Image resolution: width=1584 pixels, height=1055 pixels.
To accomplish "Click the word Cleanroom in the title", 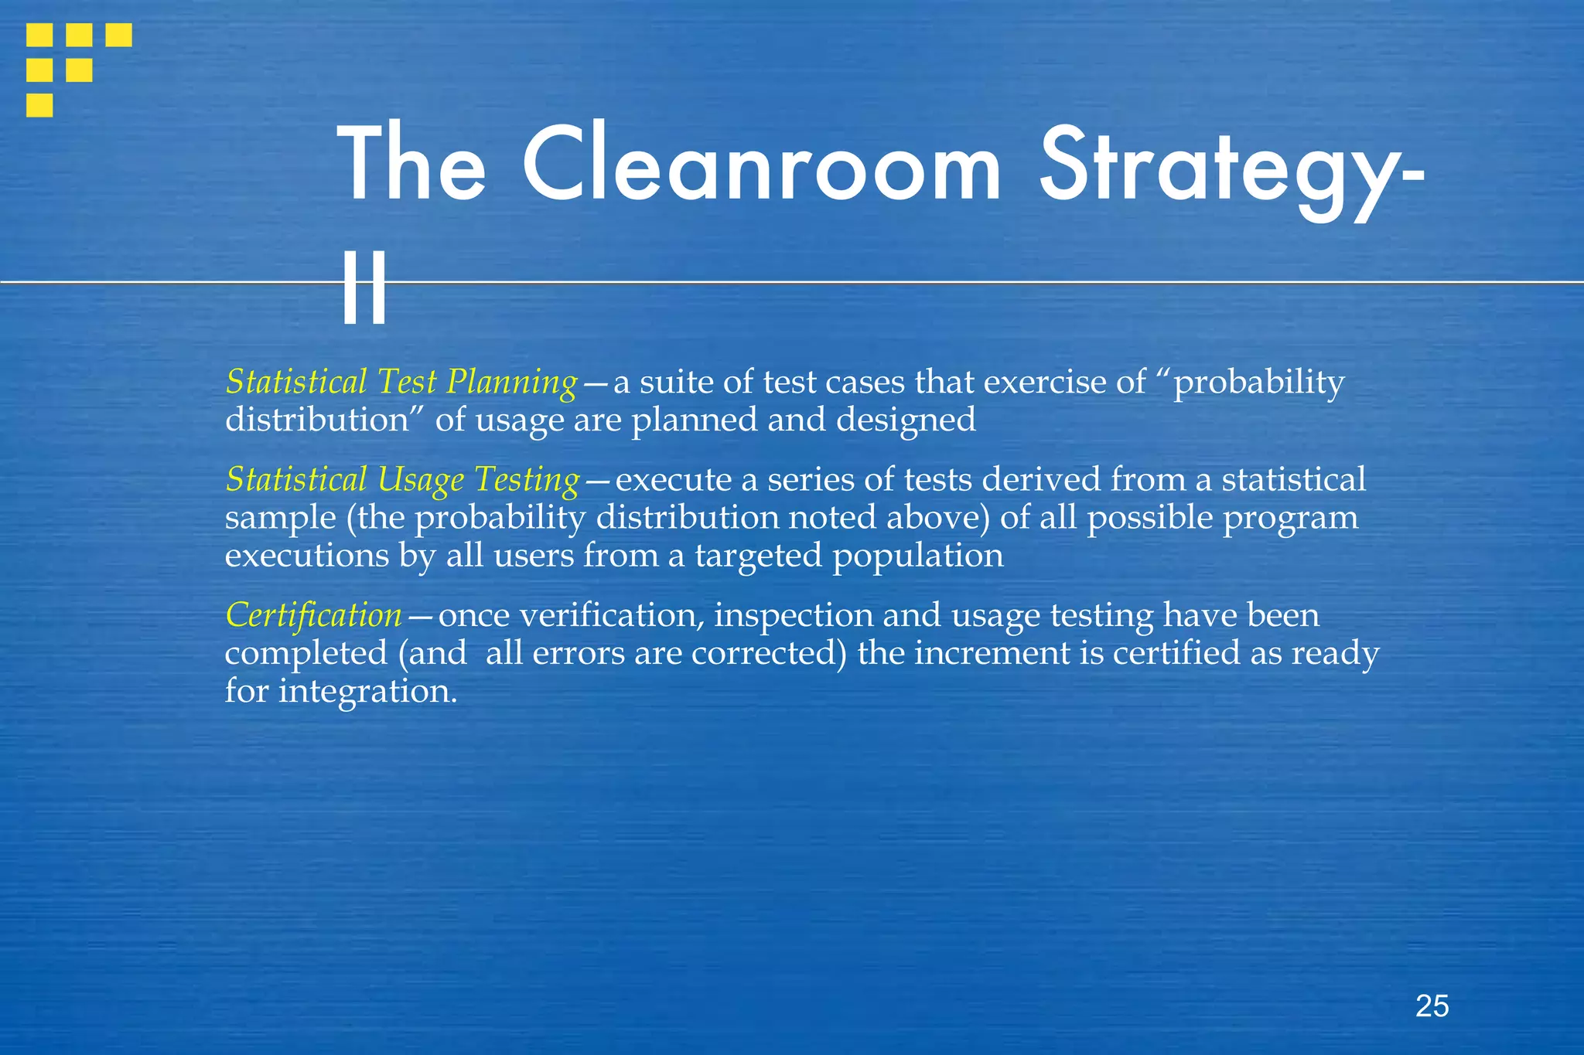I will click(761, 167).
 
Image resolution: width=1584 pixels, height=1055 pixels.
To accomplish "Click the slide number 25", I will click(1432, 1006).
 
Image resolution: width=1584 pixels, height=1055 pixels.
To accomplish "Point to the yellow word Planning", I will click(512, 383).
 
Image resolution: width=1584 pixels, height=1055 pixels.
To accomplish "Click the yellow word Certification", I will click(313, 616).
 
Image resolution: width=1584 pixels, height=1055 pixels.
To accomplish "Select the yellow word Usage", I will click(421, 480).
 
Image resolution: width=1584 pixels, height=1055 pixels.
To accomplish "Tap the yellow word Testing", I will click(527, 480).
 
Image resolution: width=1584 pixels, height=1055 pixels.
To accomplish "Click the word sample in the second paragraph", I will click(280, 518).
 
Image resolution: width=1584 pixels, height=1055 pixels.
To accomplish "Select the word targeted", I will click(757, 556).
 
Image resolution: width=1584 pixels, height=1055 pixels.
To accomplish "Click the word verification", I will click(611, 616).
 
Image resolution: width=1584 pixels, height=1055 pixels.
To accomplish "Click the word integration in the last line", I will click(367, 691).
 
